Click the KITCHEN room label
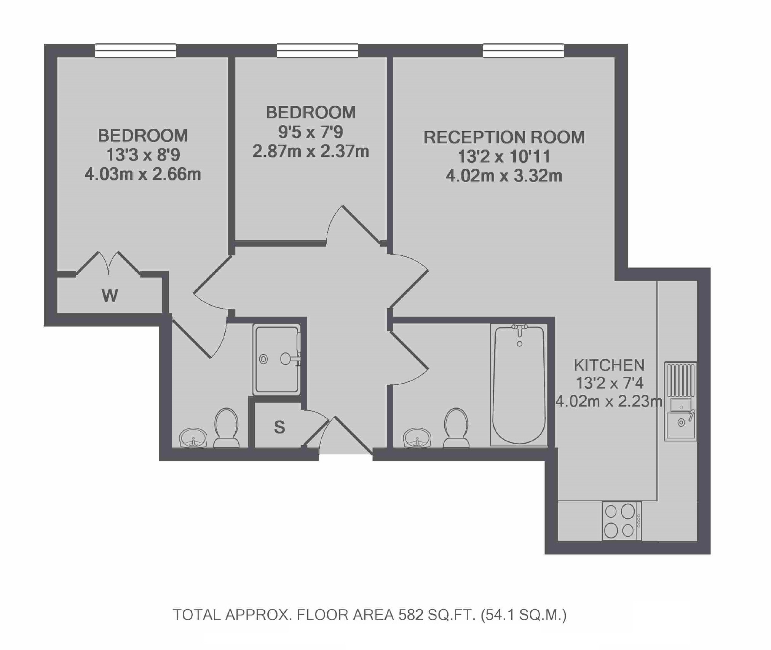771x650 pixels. [x=609, y=365]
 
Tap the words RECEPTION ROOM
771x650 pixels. [x=504, y=137]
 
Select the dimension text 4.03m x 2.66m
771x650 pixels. [x=143, y=174]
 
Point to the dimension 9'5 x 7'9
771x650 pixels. [x=311, y=132]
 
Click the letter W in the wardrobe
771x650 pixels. [x=110, y=296]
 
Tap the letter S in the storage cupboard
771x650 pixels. [x=279, y=427]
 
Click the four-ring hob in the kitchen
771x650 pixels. [x=621, y=521]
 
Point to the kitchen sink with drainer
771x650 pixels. [x=681, y=401]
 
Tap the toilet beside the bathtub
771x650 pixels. [x=456, y=427]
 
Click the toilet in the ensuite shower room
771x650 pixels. [x=226, y=427]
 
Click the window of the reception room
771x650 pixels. [x=524, y=51]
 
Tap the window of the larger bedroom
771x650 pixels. [x=136, y=51]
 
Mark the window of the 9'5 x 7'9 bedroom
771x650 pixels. [x=318, y=51]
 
